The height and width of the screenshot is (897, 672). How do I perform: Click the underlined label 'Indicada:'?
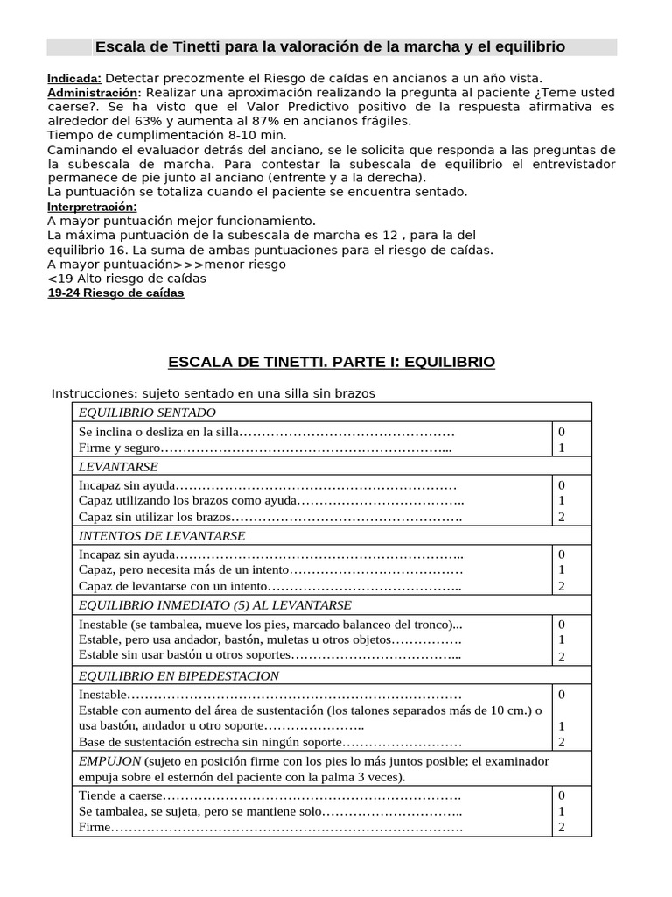pyautogui.click(x=74, y=79)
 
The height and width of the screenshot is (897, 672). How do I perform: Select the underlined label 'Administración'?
pyautogui.click(x=93, y=93)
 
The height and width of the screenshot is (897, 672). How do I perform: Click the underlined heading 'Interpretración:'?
pyautogui.click(x=92, y=207)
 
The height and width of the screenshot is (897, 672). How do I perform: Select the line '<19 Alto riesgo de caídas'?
pyautogui.click(x=127, y=279)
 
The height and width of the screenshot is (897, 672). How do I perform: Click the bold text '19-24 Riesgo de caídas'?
pyautogui.click(x=115, y=293)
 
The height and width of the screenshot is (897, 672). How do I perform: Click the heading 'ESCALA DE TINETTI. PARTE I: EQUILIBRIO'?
pyautogui.click(x=331, y=362)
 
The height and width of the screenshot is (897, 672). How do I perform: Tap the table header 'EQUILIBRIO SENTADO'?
pyautogui.click(x=147, y=413)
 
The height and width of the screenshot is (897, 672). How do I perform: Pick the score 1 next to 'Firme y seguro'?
pyautogui.click(x=562, y=448)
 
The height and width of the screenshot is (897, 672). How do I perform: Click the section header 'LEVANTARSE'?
pyautogui.click(x=118, y=467)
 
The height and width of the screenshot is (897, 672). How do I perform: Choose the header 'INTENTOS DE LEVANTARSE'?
pyautogui.click(x=162, y=536)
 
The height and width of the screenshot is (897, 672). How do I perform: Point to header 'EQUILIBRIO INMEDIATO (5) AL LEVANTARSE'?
pyautogui.click(x=215, y=605)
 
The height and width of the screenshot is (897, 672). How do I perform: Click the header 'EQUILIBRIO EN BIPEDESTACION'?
pyautogui.click(x=178, y=675)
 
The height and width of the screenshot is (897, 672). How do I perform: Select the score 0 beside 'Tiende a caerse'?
pyautogui.click(x=562, y=795)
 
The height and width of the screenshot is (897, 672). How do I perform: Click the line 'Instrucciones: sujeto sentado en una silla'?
pyautogui.click(x=213, y=393)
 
